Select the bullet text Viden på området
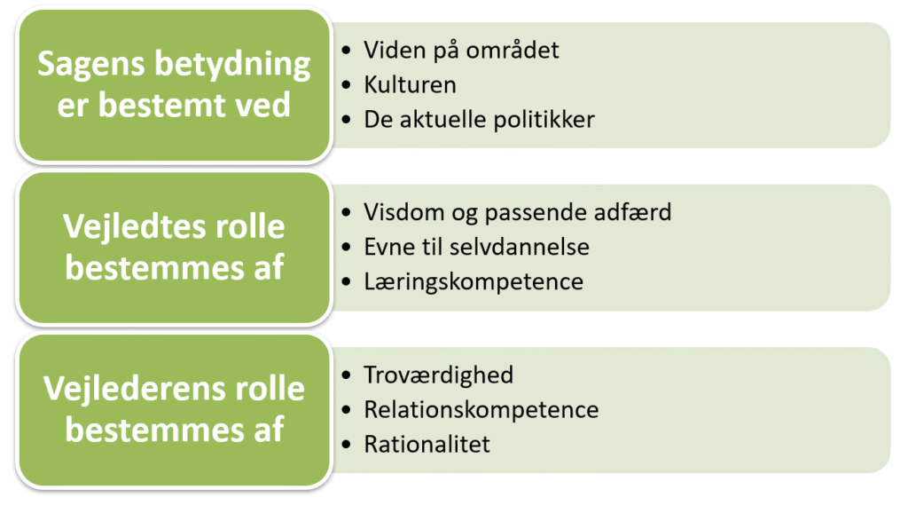click(461, 50)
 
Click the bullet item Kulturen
click(410, 85)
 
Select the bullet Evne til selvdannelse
click(476, 248)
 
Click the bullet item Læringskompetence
click(474, 282)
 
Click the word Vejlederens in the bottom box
click(124, 389)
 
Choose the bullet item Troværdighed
click(438, 375)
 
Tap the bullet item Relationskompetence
click(481, 410)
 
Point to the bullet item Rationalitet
click(427, 445)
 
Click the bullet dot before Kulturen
click(346, 86)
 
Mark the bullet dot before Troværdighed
click(346, 375)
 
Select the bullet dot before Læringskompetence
click(346, 283)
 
